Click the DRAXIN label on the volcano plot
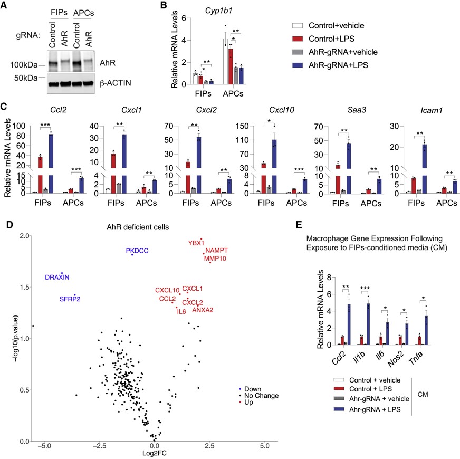56,277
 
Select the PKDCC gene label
137,251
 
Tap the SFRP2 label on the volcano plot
70,299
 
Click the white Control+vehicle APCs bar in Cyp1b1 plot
225,61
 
